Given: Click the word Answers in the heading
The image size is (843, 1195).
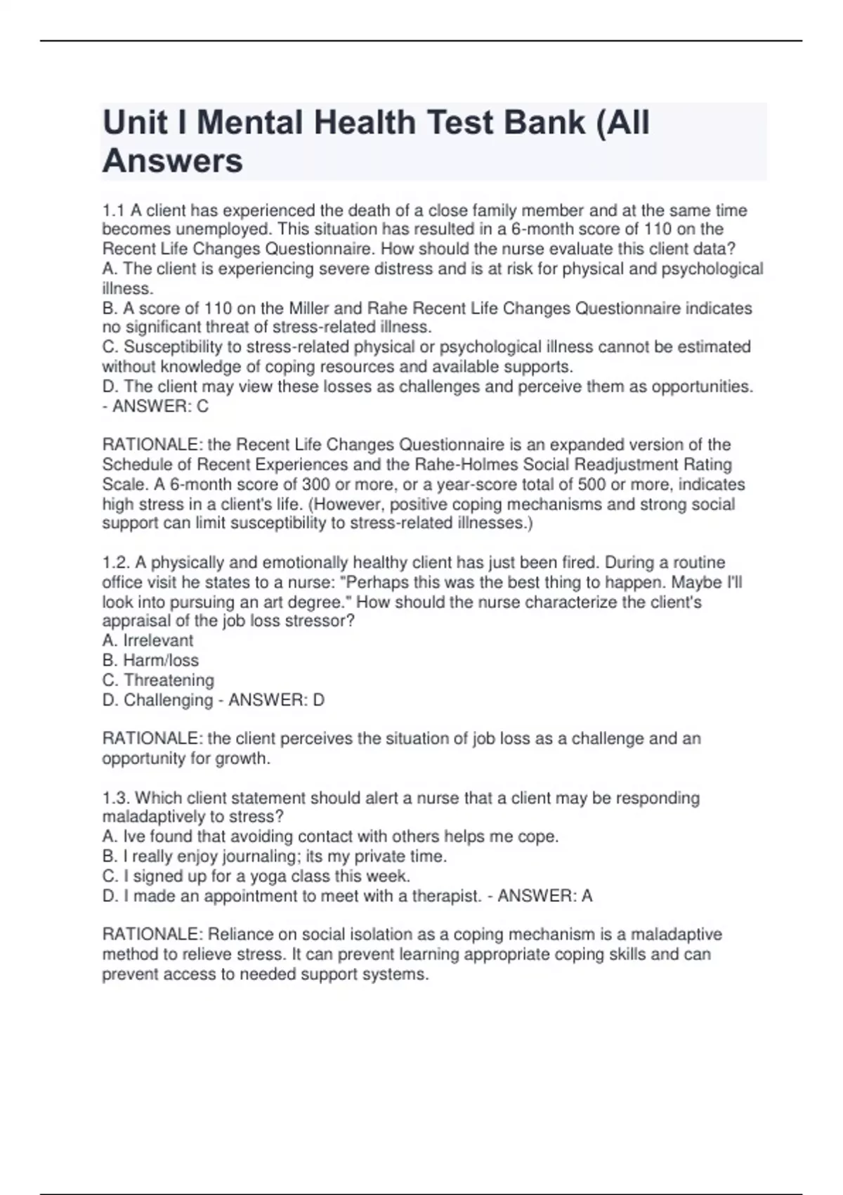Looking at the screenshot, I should coord(173,161).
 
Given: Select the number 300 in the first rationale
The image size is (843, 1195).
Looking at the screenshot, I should coord(316,484).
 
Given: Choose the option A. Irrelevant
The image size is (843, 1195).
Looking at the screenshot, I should coord(148,641).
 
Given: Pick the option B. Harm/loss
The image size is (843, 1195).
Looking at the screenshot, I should coord(150,661).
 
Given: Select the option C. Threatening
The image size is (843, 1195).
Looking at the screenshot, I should coord(158,680).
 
